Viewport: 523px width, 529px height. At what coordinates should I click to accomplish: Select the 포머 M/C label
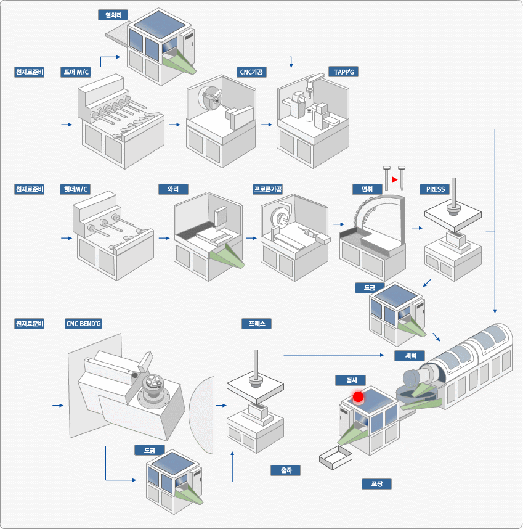click(76, 72)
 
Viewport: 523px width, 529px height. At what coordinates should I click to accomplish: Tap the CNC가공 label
click(252, 72)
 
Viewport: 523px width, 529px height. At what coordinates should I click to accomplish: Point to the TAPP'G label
click(343, 72)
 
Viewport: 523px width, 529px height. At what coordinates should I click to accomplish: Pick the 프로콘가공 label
click(268, 189)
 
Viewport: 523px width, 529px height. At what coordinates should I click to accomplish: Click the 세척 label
click(410, 356)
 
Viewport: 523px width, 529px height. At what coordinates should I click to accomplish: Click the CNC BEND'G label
click(83, 324)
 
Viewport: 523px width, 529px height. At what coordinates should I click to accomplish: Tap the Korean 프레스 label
click(256, 324)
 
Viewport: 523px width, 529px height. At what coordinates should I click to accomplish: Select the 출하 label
click(286, 470)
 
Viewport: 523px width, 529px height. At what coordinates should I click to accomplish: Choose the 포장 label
click(376, 484)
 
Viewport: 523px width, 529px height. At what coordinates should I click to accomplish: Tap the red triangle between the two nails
click(394, 179)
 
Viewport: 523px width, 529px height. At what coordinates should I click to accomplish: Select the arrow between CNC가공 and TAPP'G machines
click(266, 125)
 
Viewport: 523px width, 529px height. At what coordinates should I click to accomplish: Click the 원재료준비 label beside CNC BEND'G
click(30, 324)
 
